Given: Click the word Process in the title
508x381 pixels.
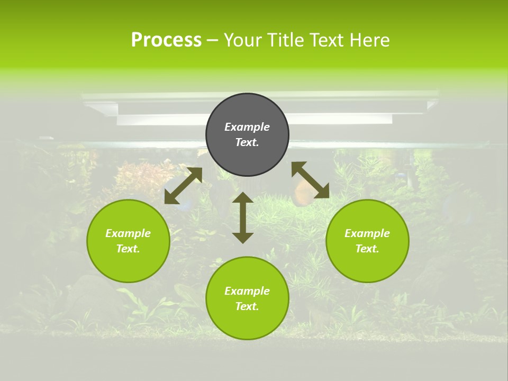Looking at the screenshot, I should pos(166,40).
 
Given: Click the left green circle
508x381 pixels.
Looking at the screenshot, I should pos(128,241).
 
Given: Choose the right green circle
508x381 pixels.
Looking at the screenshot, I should pos(367,241).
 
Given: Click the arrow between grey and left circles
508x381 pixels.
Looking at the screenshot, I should pos(184,186).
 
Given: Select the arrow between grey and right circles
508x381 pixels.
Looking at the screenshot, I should pos(311,180).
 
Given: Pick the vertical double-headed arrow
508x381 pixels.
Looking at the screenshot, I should pos(243,217).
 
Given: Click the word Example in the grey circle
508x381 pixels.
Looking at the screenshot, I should pos(247,127).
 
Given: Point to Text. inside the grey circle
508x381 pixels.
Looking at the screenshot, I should pos(247,142).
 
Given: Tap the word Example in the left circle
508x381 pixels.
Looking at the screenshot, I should pos(128,233).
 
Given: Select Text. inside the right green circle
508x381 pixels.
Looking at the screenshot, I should pos(367,249).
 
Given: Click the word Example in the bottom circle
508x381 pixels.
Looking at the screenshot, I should pos(247,291).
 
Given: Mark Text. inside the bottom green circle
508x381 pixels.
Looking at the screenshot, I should pos(247,306).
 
